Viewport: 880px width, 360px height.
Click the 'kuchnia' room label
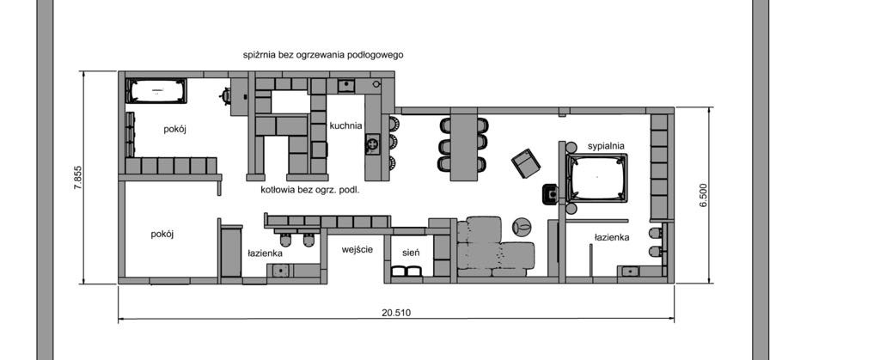[x=345, y=125]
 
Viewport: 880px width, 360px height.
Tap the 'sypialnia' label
[x=606, y=146]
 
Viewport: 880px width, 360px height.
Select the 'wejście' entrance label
[x=357, y=249]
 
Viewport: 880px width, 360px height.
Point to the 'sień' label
[x=410, y=253]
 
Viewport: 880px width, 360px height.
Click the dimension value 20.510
[x=396, y=313]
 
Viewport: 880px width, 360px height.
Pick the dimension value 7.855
[x=78, y=178]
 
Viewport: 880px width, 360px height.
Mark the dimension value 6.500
[x=703, y=196]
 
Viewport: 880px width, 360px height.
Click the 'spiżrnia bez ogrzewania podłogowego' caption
[x=323, y=55]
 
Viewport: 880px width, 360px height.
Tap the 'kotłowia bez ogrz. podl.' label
[x=309, y=190]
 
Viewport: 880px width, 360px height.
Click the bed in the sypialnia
[x=596, y=177]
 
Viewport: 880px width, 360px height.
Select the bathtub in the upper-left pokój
[x=156, y=91]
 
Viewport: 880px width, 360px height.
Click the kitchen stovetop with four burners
[x=372, y=144]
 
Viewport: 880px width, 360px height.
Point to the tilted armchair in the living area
[x=526, y=163]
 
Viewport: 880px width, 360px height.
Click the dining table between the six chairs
[x=463, y=148]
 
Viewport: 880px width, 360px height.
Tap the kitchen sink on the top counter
[x=345, y=86]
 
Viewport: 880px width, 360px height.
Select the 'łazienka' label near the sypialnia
[x=612, y=237]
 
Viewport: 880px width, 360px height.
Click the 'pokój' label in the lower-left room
[x=162, y=235]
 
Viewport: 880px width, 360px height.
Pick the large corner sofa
[x=495, y=247]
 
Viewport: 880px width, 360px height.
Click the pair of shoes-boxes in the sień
[x=406, y=272]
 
